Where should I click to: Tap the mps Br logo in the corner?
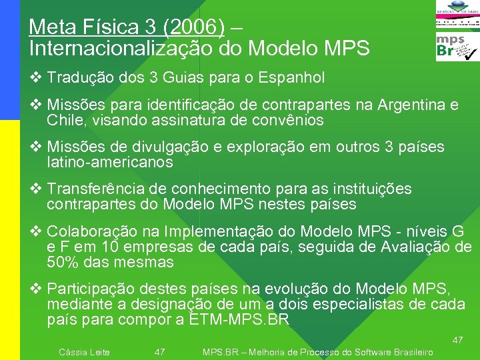457,47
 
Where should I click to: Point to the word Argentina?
412,105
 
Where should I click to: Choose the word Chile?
64,121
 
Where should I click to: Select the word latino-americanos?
110,162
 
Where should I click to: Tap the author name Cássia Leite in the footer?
85,352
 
